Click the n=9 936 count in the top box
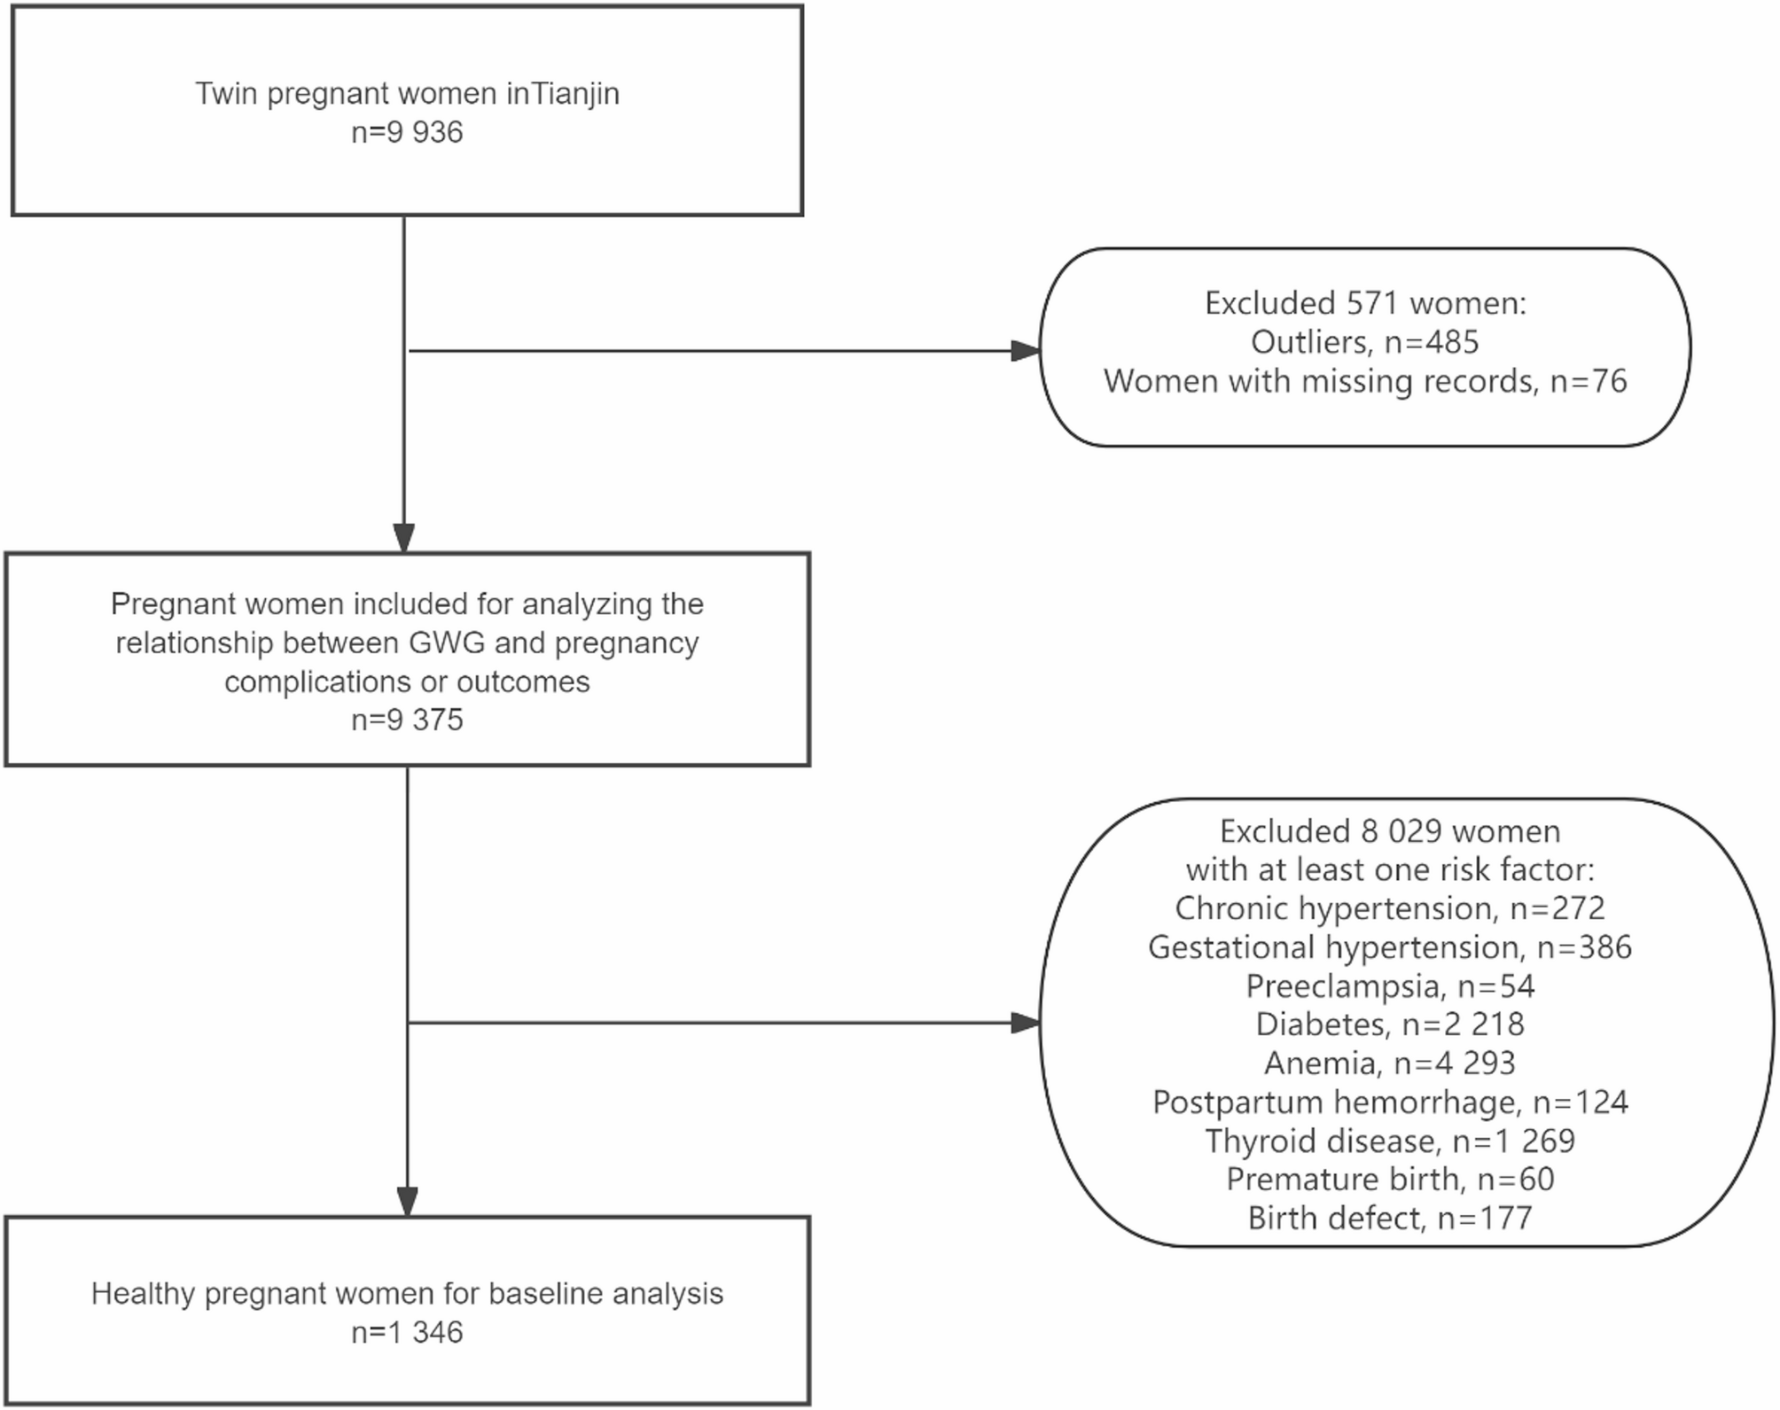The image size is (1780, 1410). point(407,132)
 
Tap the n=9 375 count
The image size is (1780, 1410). point(407,719)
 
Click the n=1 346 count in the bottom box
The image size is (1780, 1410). point(407,1332)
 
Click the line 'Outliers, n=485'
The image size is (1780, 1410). point(1365,342)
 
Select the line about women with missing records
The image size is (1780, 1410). point(1365,381)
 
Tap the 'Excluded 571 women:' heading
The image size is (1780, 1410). point(1365,303)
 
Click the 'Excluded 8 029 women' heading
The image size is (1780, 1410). point(1390,831)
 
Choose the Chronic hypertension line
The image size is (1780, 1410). point(1390,908)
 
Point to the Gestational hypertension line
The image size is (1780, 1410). point(1390,947)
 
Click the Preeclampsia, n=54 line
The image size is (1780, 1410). point(1390,986)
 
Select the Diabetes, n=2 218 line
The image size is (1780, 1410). point(1390,1024)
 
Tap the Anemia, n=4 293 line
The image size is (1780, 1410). point(1390,1063)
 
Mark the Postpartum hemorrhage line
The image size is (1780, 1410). point(1390,1102)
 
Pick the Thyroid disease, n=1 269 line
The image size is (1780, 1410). point(1390,1141)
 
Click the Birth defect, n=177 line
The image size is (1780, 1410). point(1390,1219)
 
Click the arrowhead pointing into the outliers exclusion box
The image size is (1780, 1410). point(1026,351)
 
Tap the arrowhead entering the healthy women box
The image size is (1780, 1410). point(407,1202)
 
